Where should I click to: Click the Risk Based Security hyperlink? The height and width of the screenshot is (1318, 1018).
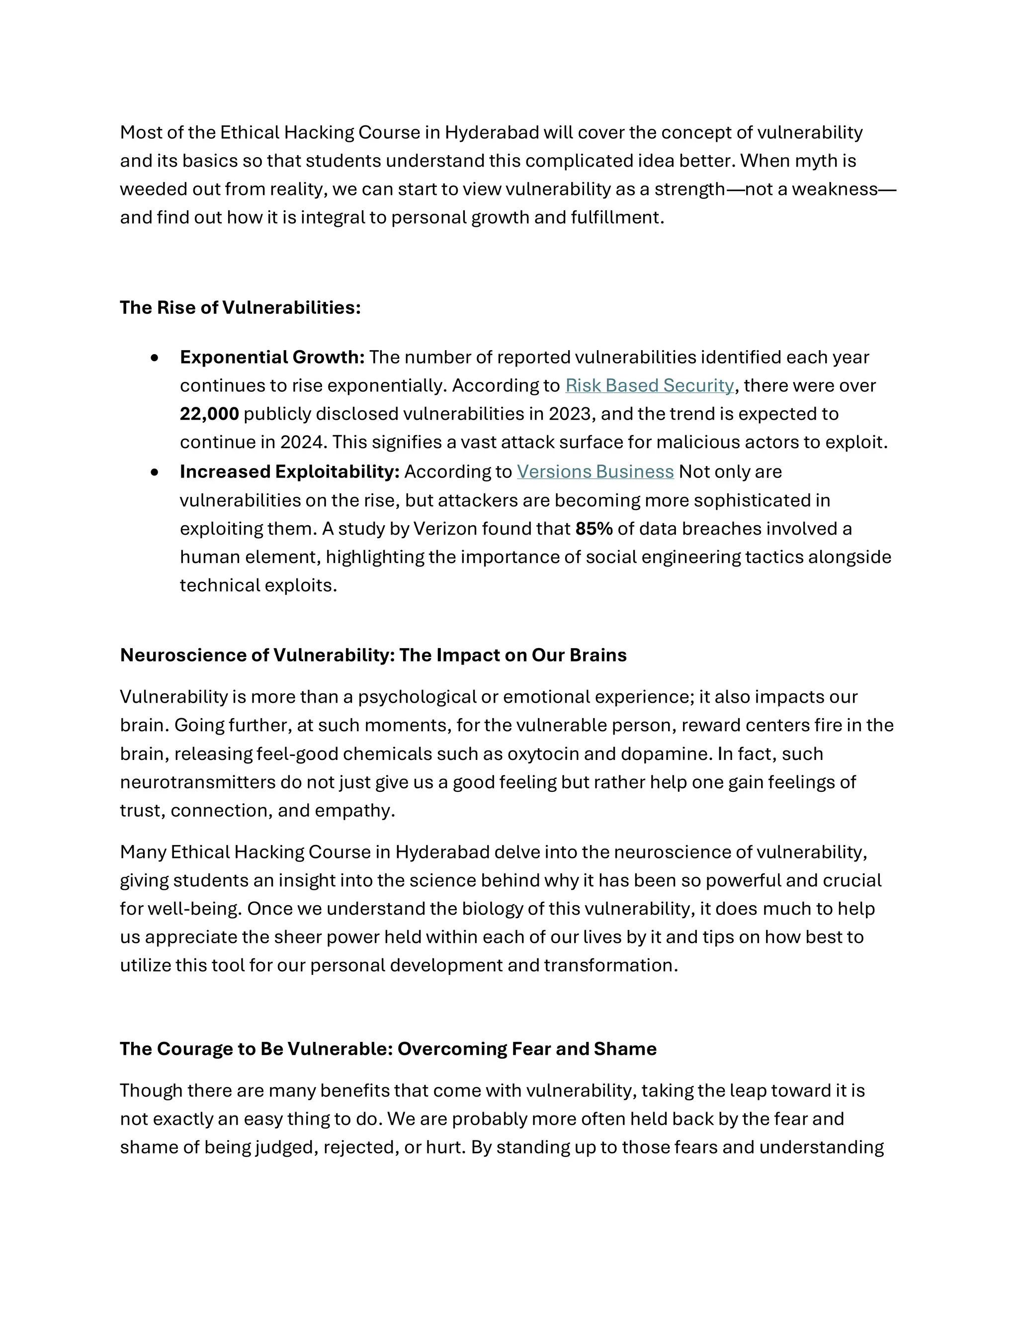coord(649,385)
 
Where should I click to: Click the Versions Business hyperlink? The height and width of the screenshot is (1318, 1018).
coord(594,471)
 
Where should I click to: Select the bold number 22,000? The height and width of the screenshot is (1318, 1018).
coord(209,414)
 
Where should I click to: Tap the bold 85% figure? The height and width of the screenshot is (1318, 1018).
coord(594,529)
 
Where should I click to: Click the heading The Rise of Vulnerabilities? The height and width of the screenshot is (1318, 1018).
coord(240,308)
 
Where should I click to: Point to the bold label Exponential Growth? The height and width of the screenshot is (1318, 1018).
coord(272,357)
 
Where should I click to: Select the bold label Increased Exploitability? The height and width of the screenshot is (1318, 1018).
coord(289,471)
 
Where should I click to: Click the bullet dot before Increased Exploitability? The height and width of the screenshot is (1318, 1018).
coord(155,472)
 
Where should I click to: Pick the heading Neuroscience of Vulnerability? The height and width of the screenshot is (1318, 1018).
coord(373,656)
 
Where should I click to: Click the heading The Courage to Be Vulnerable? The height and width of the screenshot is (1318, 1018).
coord(388,1049)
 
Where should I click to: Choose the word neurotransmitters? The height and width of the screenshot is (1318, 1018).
coord(197,782)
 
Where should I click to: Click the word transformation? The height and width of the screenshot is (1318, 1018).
coord(610,965)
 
